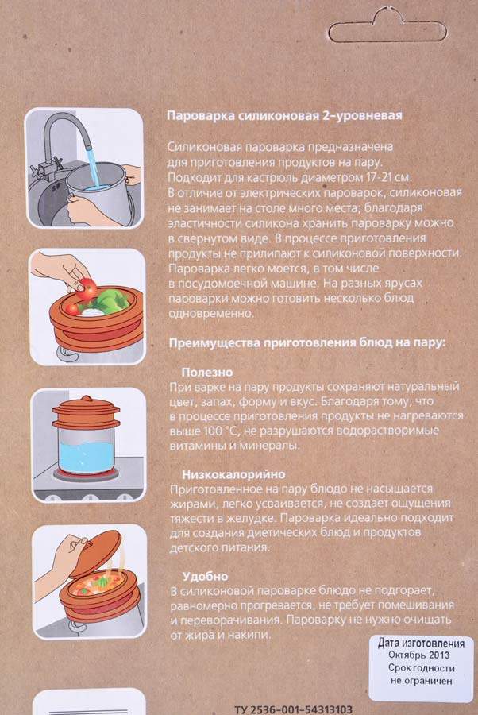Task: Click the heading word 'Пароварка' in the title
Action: (x=201, y=116)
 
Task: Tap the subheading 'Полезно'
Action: (x=207, y=372)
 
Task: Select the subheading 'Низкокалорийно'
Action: (x=233, y=475)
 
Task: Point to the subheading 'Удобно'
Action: (x=205, y=577)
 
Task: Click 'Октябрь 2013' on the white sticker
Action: (x=418, y=655)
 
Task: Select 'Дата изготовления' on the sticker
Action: (x=421, y=643)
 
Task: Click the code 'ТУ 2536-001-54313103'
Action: (x=294, y=709)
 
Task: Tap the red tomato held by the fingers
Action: (x=87, y=288)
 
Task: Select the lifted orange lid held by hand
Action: (x=96, y=553)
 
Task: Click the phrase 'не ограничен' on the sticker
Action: (x=421, y=681)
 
